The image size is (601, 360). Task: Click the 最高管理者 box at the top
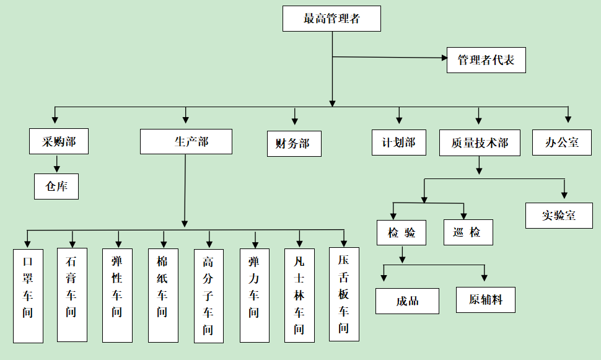[331, 19]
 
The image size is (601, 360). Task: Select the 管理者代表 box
[486, 60]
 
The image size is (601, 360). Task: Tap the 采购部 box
[59, 141]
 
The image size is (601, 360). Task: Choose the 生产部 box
[186, 141]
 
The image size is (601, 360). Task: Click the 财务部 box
[294, 144]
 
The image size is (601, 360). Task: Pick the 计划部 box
[398, 143]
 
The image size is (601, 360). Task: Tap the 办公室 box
[562, 143]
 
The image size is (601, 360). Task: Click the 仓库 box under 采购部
[56, 186]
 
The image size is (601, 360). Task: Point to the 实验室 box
[559, 215]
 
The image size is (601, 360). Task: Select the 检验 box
[401, 233]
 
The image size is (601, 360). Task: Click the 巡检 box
[468, 232]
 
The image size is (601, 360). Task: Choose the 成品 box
[407, 301]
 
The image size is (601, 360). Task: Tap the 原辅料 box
[485, 299]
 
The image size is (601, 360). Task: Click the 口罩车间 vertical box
[28, 296]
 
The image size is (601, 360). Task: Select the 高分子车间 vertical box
[208, 296]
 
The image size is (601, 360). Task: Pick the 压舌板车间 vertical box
[344, 294]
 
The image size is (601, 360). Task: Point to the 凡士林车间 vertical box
[299, 295]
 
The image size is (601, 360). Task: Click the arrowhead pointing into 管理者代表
[444, 58]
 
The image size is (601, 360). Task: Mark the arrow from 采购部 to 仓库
[57, 164]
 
